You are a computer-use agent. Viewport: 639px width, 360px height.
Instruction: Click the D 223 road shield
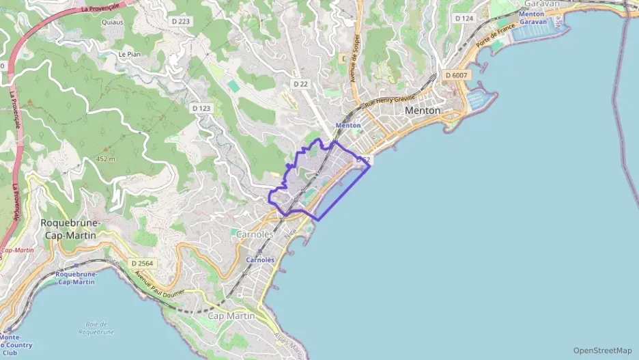[181, 22]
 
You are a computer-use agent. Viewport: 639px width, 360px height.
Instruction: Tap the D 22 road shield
[301, 83]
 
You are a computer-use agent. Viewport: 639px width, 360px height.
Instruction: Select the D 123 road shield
[201, 108]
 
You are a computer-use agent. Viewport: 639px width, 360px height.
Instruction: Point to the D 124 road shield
[464, 18]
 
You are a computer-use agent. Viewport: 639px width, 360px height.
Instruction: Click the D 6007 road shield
[455, 74]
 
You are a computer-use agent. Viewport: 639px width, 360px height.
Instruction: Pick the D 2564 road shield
[142, 263]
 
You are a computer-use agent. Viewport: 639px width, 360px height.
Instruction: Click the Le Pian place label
[129, 54]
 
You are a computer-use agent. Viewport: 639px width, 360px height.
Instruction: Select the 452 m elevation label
[106, 158]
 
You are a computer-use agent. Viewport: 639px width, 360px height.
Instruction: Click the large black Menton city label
[423, 110]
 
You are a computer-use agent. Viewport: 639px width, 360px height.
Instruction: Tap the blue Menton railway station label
[348, 126]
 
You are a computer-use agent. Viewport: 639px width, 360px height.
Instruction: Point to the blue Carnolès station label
[260, 260]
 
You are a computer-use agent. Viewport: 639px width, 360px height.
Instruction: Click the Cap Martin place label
[231, 316]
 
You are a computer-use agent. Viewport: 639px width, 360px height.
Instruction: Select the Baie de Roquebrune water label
[97, 328]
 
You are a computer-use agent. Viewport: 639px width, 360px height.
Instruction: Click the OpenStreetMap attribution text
[602, 350]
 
